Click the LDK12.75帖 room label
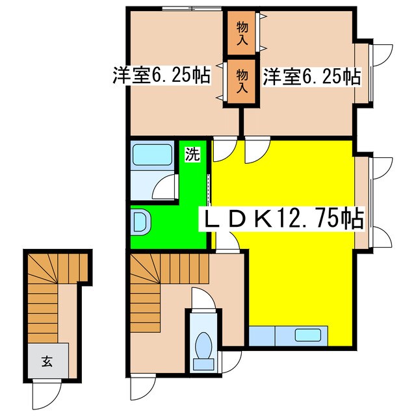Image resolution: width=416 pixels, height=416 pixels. coord(281,219)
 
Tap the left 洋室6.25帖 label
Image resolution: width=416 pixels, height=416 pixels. coord(162,75)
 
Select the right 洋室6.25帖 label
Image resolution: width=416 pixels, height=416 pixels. coord(312,77)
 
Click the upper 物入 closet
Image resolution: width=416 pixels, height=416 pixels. coord(241,33)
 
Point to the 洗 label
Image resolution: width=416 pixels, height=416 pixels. coord(192,153)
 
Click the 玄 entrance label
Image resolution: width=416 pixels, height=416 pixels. coord(47,361)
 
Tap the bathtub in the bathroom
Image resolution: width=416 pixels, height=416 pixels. coord(152,155)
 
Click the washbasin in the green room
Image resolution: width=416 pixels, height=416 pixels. coord(140,222)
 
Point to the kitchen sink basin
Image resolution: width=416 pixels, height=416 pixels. coord(307,335)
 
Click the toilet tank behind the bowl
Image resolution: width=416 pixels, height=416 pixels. coord(203,365)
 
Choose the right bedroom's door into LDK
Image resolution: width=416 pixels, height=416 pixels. coord(257,149)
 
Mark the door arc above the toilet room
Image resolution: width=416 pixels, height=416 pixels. coord(203,298)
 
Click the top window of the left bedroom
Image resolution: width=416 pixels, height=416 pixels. coord(192,8)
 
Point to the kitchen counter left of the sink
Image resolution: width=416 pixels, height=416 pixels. coord(262,335)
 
